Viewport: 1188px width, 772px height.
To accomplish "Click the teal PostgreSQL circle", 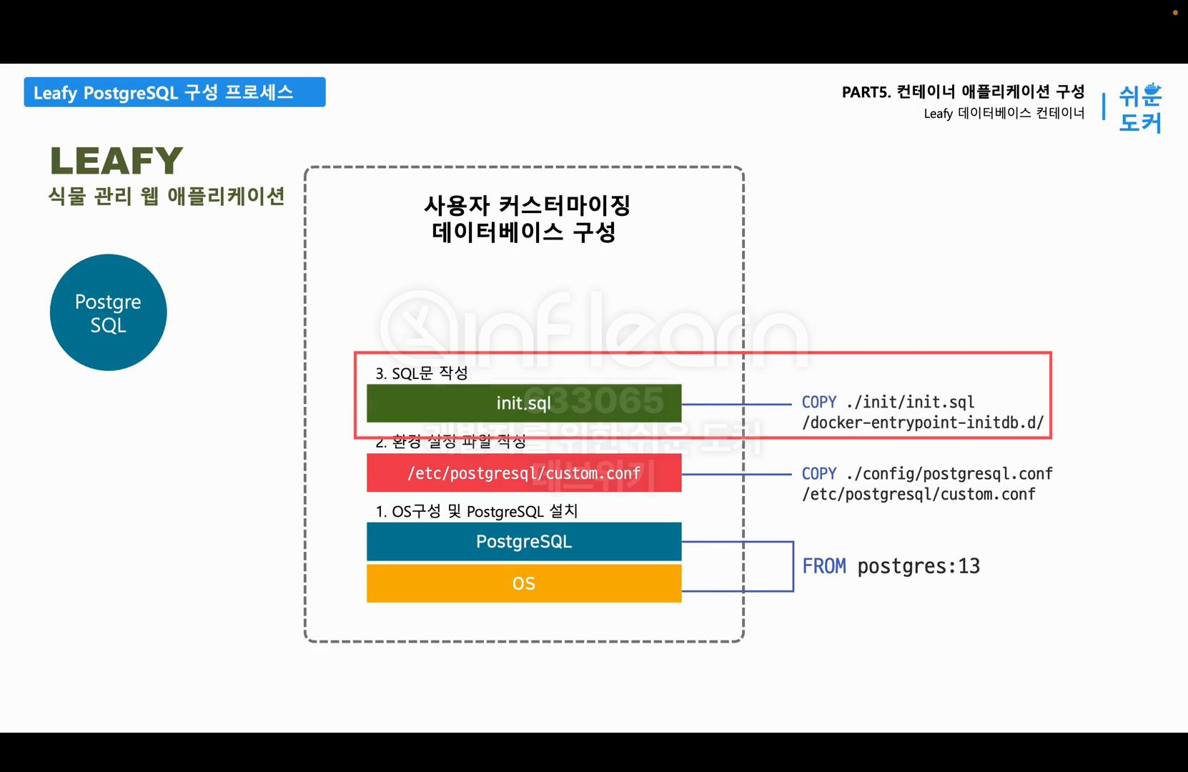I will click(108, 312).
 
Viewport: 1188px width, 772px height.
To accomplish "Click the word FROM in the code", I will click(823, 566).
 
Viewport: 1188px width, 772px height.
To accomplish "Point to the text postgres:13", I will click(919, 566).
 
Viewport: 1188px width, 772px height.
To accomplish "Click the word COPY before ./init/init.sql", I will click(818, 402).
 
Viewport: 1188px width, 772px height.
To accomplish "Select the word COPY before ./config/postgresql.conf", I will click(818, 473).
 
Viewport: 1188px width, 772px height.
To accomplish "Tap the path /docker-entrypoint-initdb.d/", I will click(923, 422).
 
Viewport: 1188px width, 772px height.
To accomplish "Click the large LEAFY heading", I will click(117, 160).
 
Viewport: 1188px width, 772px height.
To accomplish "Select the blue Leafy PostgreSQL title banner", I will click(174, 92).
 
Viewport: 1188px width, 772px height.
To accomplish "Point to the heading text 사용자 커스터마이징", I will click(527, 205).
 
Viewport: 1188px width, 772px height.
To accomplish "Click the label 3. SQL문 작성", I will click(422, 373).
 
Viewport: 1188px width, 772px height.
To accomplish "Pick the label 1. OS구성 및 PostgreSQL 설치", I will click(476, 511).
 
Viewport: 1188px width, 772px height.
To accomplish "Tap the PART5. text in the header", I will click(866, 92).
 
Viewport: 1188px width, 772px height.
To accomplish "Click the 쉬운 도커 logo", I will click(1139, 108).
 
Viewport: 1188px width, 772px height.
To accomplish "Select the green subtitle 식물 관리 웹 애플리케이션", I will click(167, 196).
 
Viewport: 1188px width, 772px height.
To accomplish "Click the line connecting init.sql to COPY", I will click(736, 404).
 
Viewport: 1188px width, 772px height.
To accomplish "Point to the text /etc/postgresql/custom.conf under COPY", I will click(919, 494).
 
